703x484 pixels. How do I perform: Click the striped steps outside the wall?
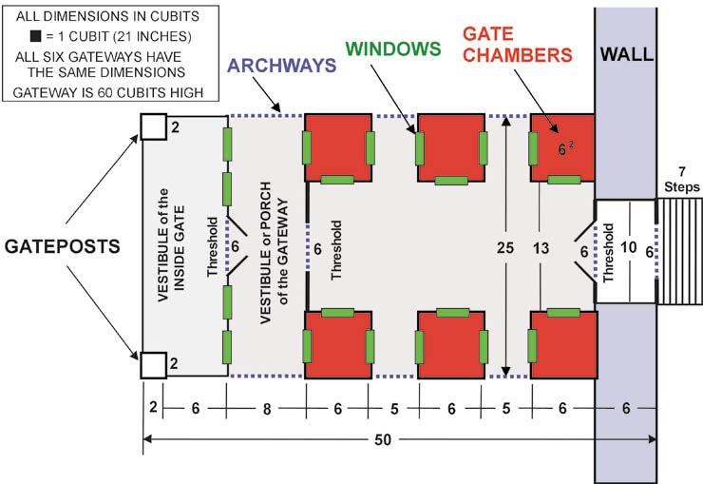(680, 251)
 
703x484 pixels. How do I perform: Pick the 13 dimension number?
(541, 248)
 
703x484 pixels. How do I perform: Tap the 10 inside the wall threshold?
(628, 248)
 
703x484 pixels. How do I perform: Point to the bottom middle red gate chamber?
(453, 343)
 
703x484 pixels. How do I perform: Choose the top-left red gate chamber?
(337, 148)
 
